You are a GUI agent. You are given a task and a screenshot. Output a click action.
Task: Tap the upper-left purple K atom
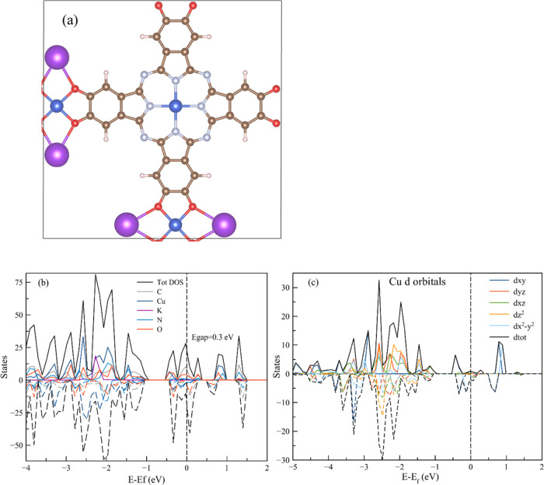click(x=57, y=58)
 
